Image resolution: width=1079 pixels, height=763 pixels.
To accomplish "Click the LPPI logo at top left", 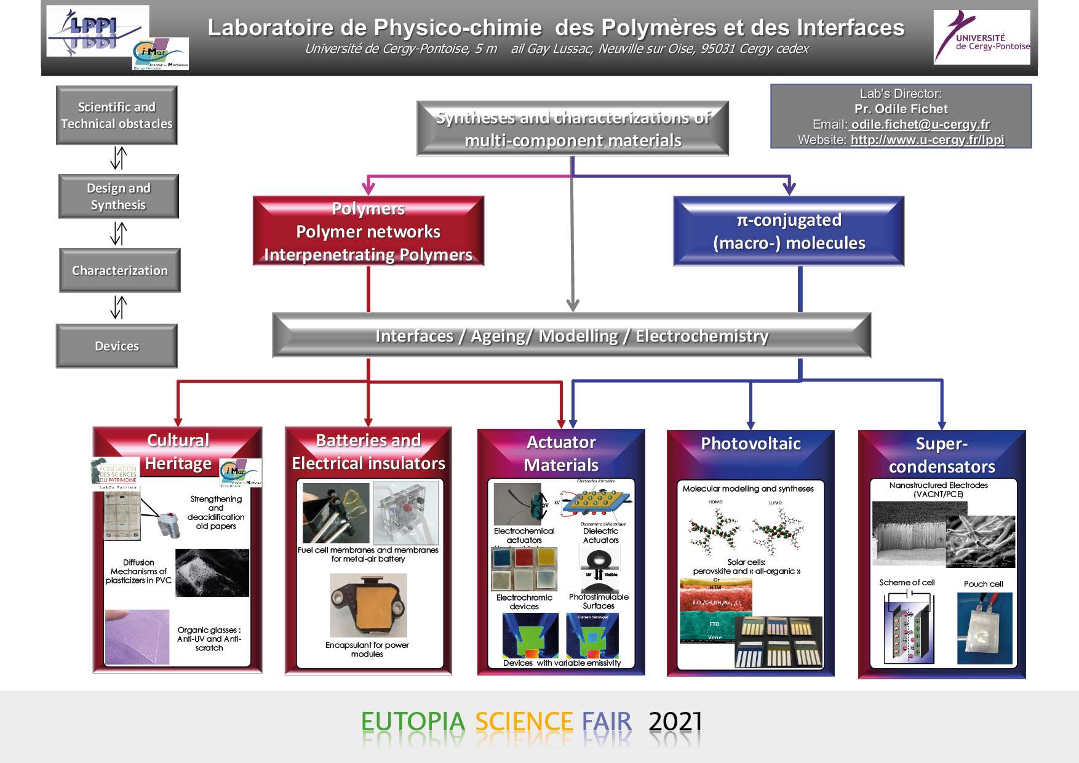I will point(97,31).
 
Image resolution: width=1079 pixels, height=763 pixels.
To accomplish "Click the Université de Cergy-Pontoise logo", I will point(981,38).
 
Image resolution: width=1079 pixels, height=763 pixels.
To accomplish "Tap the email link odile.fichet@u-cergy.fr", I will point(920,124).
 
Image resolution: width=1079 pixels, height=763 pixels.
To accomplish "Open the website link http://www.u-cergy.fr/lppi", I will point(927,140).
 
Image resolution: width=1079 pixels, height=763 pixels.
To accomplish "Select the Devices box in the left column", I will point(117,346).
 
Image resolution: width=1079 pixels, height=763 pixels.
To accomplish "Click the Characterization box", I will point(120,270).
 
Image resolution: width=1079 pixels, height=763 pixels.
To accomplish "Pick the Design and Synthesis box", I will point(119,196).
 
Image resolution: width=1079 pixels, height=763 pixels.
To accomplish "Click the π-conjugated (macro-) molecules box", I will point(789,231).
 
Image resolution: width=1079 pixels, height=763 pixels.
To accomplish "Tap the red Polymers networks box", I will point(368,231).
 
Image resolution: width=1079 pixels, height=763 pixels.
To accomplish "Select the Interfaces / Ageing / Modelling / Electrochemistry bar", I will point(571,336).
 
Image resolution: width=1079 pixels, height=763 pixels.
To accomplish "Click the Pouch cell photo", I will point(984,628).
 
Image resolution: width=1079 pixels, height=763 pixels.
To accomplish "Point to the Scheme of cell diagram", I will point(909,628).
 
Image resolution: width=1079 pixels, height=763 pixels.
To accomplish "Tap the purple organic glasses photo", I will point(137,637).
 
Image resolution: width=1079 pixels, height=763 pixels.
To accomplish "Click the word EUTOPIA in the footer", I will point(413,722).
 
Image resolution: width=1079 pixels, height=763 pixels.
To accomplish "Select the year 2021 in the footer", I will point(675,722).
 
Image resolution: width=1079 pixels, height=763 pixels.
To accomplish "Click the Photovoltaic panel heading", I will point(751,444).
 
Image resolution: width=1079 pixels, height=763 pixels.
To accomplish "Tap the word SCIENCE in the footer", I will point(524,722).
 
